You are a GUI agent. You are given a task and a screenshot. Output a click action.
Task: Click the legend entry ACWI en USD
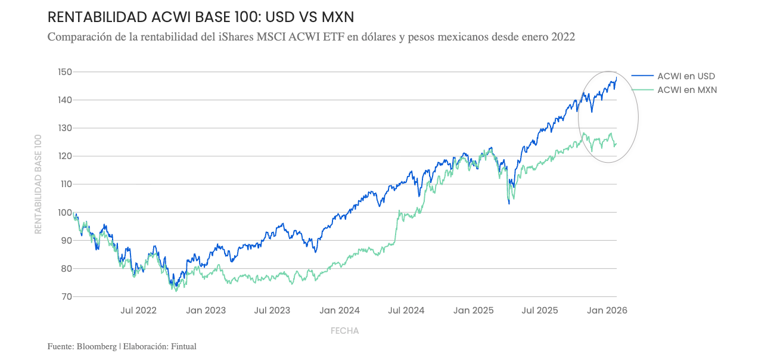(x=686, y=76)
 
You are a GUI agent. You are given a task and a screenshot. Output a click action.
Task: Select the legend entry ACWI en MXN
(x=686, y=90)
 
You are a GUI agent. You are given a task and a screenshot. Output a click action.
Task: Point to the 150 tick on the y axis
(x=64, y=72)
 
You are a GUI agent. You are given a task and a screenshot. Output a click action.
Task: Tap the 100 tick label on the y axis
(x=64, y=212)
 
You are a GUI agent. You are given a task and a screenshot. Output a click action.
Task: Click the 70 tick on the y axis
(x=66, y=296)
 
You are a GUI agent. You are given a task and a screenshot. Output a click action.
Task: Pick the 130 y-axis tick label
(x=64, y=128)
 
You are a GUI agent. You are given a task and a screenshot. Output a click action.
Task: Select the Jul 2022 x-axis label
(x=138, y=311)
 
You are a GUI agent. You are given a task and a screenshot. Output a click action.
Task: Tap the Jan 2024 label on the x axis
(x=339, y=311)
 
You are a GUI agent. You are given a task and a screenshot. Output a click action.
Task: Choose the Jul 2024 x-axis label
(x=406, y=311)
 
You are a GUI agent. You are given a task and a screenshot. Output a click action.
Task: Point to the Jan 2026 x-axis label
(x=607, y=311)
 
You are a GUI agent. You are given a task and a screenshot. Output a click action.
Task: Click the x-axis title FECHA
(x=344, y=331)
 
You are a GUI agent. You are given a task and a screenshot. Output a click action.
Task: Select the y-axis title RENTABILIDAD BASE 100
(x=38, y=184)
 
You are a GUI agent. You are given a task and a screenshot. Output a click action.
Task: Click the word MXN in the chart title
(x=338, y=17)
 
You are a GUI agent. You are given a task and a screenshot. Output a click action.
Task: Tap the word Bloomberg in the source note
(x=98, y=346)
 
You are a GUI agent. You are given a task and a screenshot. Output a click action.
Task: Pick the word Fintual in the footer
(x=184, y=346)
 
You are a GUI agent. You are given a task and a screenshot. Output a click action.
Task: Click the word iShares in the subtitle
(x=235, y=38)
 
